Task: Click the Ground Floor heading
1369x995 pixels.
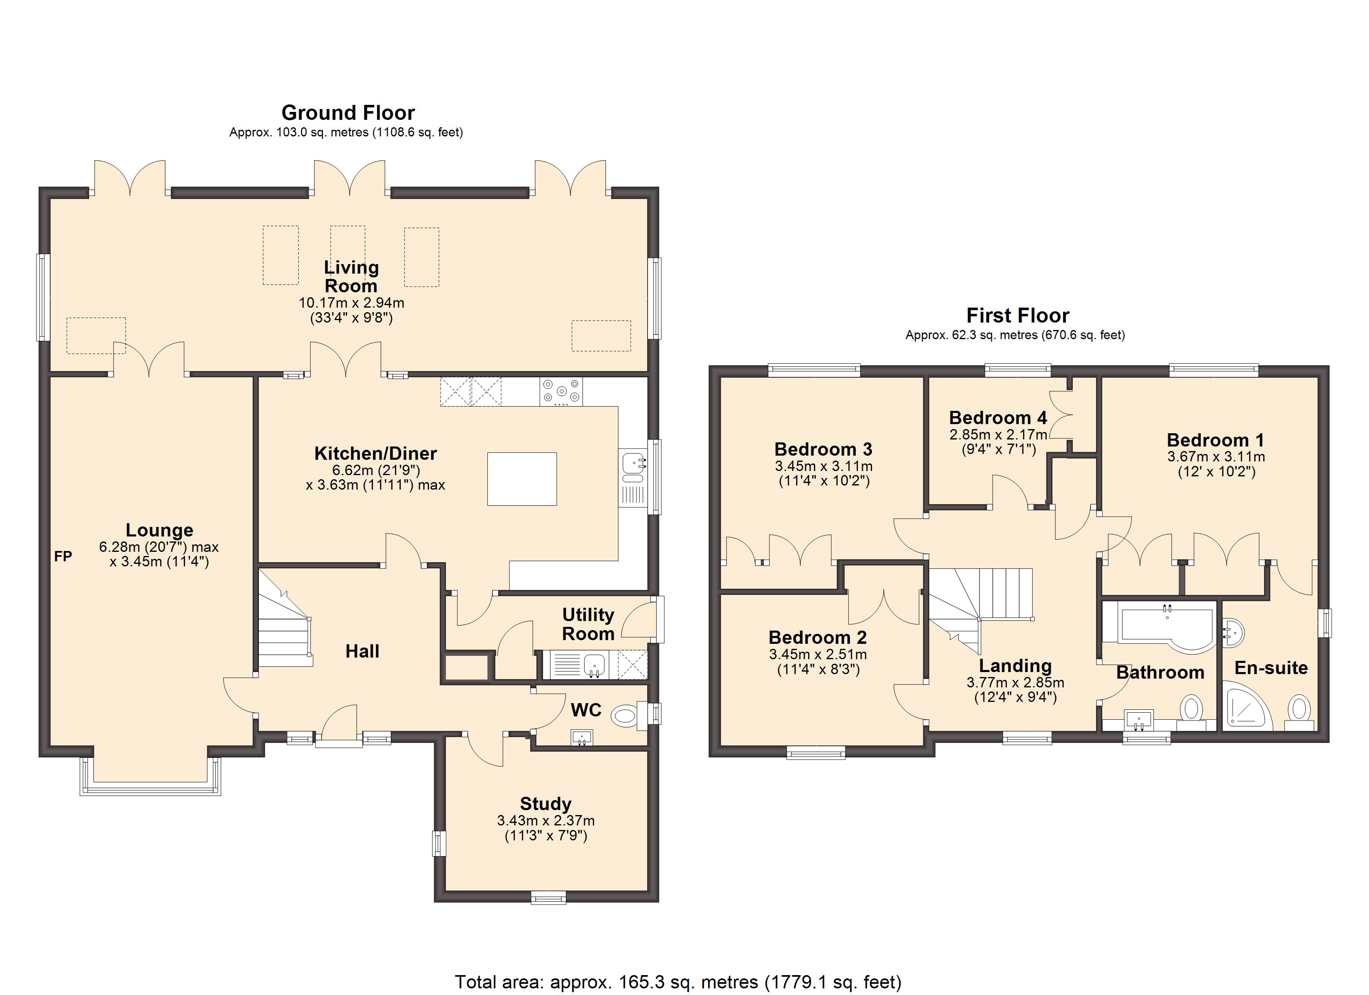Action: pos(348,113)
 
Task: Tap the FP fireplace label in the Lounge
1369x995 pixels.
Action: pos(63,556)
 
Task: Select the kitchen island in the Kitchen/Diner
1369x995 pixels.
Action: pos(522,479)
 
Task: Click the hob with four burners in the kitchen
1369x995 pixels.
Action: pos(561,391)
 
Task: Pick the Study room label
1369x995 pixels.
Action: pos(546,804)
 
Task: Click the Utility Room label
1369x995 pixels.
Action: pos(589,624)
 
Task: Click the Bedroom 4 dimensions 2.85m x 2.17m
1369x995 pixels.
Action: pos(999,434)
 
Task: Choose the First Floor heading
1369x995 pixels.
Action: pos(1018,315)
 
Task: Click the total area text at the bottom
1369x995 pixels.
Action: pos(678,982)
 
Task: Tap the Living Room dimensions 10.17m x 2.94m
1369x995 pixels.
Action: pos(351,303)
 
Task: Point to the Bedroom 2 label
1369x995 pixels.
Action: pos(818,637)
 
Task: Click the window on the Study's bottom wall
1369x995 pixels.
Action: pos(549,898)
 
